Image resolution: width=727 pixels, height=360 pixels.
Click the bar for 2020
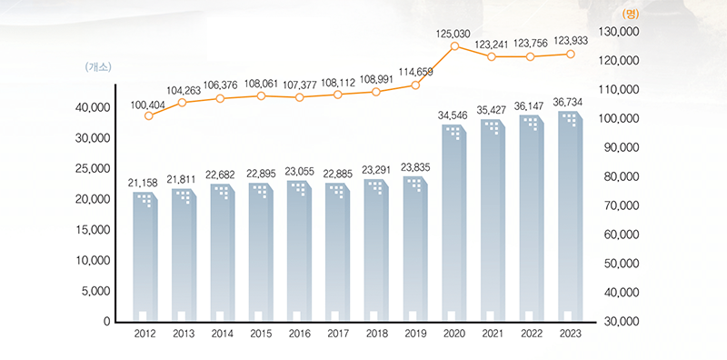pyautogui.click(x=455, y=223)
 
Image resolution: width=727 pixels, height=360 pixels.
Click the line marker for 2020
pyautogui.click(x=454, y=45)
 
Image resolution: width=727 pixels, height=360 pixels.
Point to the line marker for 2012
pyautogui.click(x=149, y=115)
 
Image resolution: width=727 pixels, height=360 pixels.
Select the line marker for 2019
pyautogui.click(x=415, y=85)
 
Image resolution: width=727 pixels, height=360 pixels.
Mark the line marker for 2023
pyautogui.click(x=570, y=54)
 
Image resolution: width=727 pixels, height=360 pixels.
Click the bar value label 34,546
pyautogui.click(x=454, y=116)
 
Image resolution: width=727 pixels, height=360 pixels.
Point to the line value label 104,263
pyautogui.click(x=184, y=90)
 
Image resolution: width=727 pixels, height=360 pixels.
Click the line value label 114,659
pyautogui.click(x=414, y=72)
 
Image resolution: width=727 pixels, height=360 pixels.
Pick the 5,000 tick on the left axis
pyautogui.click(x=94, y=292)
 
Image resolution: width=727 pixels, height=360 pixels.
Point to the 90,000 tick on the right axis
pyautogui.click(x=622, y=147)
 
